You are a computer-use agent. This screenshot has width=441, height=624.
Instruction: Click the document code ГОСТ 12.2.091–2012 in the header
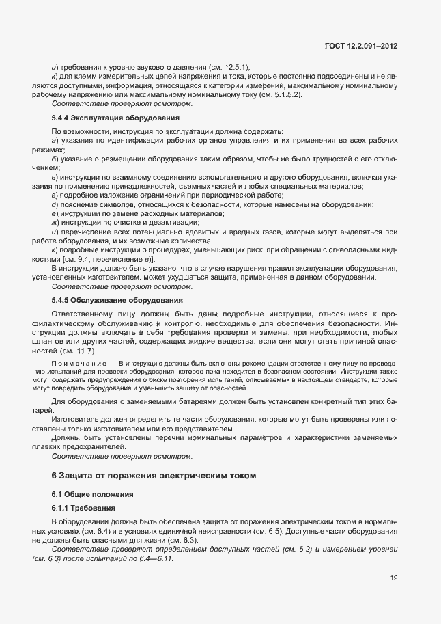pos(362,46)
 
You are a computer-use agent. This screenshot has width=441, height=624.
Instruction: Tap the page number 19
pos(394,578)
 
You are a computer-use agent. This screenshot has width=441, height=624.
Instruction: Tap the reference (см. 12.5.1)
pos(227,68)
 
